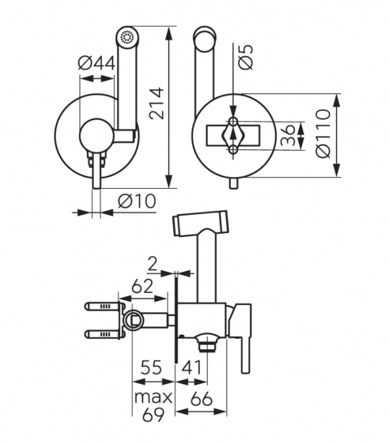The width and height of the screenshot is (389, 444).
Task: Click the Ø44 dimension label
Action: click(97, 64)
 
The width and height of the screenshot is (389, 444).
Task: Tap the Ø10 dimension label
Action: click(137, 202)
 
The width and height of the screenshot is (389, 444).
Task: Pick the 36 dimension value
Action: click(290, 136)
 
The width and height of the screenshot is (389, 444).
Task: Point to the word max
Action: click(154, 397)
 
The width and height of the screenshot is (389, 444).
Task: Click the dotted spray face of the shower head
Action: click(126, 36)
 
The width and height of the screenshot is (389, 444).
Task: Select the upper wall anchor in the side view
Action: click(102, 306)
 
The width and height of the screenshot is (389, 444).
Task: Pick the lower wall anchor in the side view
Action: click(102, 334)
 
